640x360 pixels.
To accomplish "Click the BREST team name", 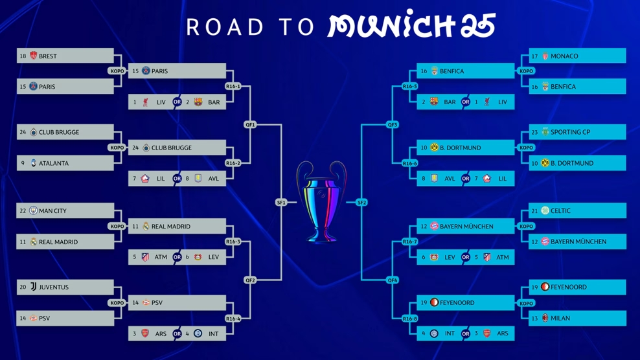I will point(48,56).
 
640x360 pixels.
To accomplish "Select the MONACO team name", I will point(564,56).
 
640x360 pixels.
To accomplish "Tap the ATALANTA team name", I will point(54,163).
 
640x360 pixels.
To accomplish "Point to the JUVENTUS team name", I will point(54,287).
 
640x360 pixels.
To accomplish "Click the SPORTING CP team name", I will point(570,132).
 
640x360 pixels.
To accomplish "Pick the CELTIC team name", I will point(560,211).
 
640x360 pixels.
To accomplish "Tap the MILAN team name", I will point(560,318).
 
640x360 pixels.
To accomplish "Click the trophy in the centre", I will point(321,202).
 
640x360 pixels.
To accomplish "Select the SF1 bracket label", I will point(281,203).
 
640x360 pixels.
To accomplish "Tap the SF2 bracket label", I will point(361,203).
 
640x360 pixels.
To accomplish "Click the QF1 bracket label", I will point(250,124).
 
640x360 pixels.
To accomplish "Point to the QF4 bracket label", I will point(393,280).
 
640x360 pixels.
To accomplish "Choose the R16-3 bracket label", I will point(233,242).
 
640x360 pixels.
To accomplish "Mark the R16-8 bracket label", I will point(409,319).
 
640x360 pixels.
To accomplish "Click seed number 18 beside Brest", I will point(23,56).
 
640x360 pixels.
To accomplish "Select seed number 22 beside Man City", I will point(23,211).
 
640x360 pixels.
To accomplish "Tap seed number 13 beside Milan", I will point(534,318).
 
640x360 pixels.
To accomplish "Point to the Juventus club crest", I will point(33,287).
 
